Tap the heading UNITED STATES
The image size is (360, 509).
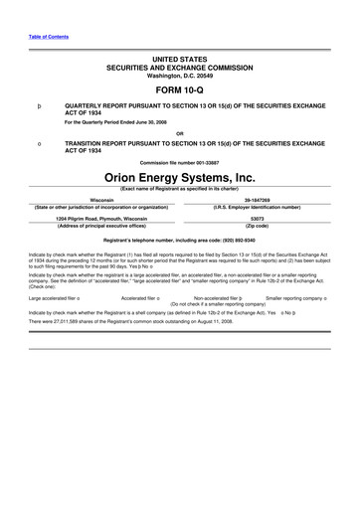pyautogui.click(x=179, y=60)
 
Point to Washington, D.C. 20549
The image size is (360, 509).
pyautogui.click(x=179, y=76)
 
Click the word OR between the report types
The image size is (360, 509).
pyautogui.click(x=179, y=132)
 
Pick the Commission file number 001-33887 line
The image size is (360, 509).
pyautogui.click(x=179, y=162)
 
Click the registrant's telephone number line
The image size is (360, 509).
pyautogui.click(x=179, y=240)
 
